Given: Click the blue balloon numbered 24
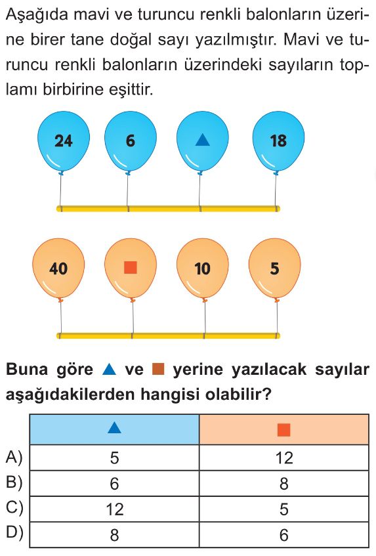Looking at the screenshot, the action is [x=64, y=142].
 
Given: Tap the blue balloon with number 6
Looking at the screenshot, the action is [x=131, y=142].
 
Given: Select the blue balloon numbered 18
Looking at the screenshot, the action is [x=278, y=142].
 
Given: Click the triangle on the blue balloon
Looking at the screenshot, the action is [x=203, y=140].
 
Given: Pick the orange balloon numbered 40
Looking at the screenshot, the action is [x=58, y=268].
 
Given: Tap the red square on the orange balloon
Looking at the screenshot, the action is [x=131, y=268].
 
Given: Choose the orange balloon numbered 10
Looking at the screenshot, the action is [x=203, y=268].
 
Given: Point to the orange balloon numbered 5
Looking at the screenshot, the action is [x=275, y=268].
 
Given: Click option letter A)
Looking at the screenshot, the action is [x=14, y=458].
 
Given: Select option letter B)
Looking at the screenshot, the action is [x=14, y=482].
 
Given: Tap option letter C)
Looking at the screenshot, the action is [x=14, y=508].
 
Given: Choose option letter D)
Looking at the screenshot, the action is [x=14, y=533].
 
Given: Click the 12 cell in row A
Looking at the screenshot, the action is [x=284, y=458].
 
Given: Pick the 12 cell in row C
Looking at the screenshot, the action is [x=114, y=509].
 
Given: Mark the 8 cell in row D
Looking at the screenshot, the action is [x=114, y=534].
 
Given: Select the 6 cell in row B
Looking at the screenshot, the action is [x=114, y=483].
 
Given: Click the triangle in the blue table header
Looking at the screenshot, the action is [x=114, y=429].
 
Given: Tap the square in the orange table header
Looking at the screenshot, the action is [x=284, y=430].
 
